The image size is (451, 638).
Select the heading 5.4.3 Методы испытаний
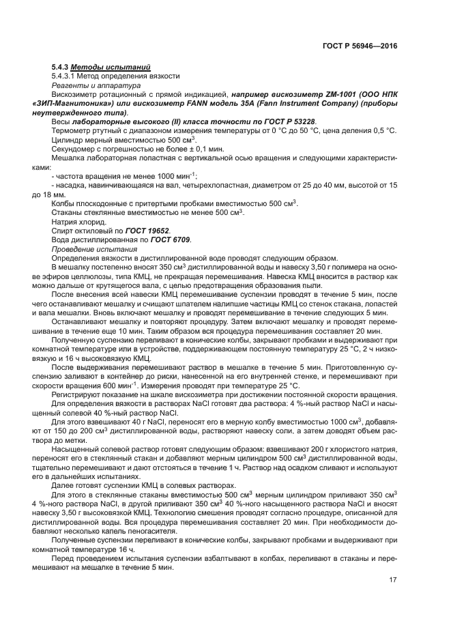(101, 67)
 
